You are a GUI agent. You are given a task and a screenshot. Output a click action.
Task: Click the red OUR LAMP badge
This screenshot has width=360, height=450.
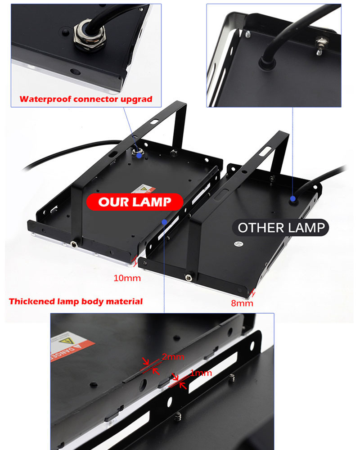pyautogui.click(x=135, y=202)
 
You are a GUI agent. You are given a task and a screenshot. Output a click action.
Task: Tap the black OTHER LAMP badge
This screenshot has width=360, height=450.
pyautogui.click(x=280, y=228)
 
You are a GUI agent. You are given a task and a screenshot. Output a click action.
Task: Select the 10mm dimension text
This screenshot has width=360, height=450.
pyautogui.click(x=127, y=278)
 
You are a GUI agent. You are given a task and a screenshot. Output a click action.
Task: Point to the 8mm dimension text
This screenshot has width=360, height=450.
pyautogui.click(x=242, y=303)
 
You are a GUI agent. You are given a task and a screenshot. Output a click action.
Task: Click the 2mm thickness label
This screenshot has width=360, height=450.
pyautogui.click(x=173, y=357)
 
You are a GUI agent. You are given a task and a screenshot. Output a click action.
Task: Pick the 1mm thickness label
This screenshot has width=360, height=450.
pyautogui.click(x=201, y=373)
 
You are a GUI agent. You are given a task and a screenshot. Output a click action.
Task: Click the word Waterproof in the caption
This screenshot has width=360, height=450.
pyautogui.click(x=45, y=99)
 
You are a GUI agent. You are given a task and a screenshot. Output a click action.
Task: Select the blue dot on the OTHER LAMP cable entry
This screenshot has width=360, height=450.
pyautogui.click(x=293, y=198)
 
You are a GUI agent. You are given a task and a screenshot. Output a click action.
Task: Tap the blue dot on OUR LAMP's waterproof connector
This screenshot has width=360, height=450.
pyautogui.click(x=139, y=155)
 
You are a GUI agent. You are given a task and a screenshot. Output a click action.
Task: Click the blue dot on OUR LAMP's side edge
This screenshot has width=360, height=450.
pyautogui.click(x=164, y=222)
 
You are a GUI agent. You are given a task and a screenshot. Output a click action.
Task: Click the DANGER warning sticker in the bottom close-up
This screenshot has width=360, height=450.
pyautogui.click(x=70, y=345)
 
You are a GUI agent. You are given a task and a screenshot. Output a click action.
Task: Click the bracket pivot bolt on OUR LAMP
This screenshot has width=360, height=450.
pyautogui.click(x=74, y=244)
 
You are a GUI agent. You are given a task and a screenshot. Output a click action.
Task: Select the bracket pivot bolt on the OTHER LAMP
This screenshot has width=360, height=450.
pyautogui.click(x=189, y=277)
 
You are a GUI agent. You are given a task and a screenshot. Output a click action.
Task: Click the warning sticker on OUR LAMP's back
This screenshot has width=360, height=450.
pyautogui.click(x=144, y=189)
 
